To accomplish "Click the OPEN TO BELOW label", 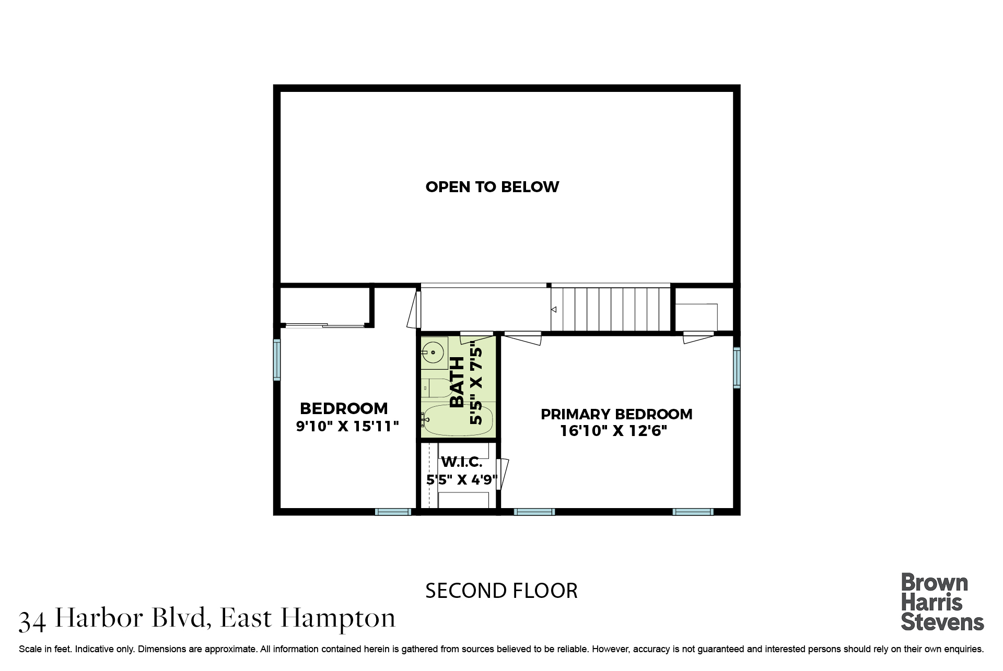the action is [492, 187].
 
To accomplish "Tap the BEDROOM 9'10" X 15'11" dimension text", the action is [347, 427].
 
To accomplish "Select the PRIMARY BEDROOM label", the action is [616, 414].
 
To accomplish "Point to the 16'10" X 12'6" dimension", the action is [614, 431].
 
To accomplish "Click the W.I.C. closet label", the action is [462, 462].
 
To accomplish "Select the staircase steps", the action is [610, 310].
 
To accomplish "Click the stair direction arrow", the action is [554, 310].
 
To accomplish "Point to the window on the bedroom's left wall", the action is [277, 360].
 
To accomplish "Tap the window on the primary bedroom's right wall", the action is [737, 368].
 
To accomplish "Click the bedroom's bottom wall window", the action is [393, 512].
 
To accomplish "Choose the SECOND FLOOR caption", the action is [501, 591].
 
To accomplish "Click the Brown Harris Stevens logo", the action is [942, 602].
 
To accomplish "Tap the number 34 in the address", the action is [32, 620].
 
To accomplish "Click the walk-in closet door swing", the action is [503, 474].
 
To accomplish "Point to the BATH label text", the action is [457, 382].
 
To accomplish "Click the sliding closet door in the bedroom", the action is [324, 326].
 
